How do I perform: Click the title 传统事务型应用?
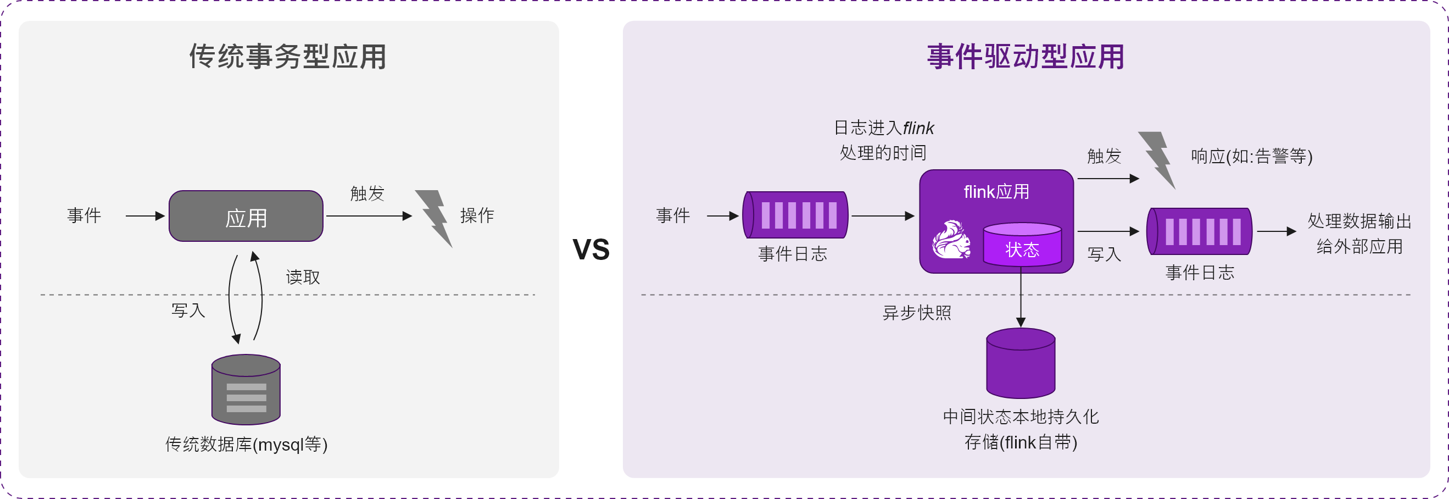click(x=287, y=56)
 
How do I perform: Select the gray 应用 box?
click(x=246, y=217)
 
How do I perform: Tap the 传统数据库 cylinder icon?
click(x=246, y=389)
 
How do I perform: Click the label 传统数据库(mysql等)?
click(x=246, y=445)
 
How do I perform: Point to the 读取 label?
click(x=303, y=277)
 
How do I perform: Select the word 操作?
click(x=476, y=215)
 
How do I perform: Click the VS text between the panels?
click(x=590, y=248)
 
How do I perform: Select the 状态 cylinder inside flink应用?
click(x=1022, y=245)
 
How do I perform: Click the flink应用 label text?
click(x=996, y=192)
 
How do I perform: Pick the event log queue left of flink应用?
click(x=795, y=215)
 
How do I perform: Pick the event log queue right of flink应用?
click(x=1199, y=231)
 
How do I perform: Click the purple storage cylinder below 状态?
click(x=1021, y=363)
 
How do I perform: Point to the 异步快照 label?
click(x=916, y=313)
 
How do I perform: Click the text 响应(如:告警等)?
click(x=1252, y=156)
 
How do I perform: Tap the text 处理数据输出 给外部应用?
click(x=1359, y=234)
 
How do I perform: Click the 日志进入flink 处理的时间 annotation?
click(x=883, y=140)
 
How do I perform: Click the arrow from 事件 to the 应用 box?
click(x=145, y=216)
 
